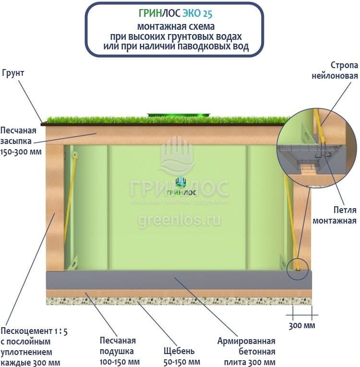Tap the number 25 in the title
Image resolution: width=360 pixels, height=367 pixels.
(205, 13)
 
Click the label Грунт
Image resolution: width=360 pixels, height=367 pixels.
(13, 73)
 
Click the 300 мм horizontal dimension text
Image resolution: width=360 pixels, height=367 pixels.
(302, 326)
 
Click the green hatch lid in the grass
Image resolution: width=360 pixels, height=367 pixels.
(180, 115)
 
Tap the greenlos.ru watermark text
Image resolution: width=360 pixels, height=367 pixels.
(180, 220)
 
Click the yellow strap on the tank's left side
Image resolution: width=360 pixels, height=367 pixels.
(70, 201)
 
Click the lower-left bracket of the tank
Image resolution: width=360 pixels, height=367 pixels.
(73, 262)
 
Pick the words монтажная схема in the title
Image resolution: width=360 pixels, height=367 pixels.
(176, 26)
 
